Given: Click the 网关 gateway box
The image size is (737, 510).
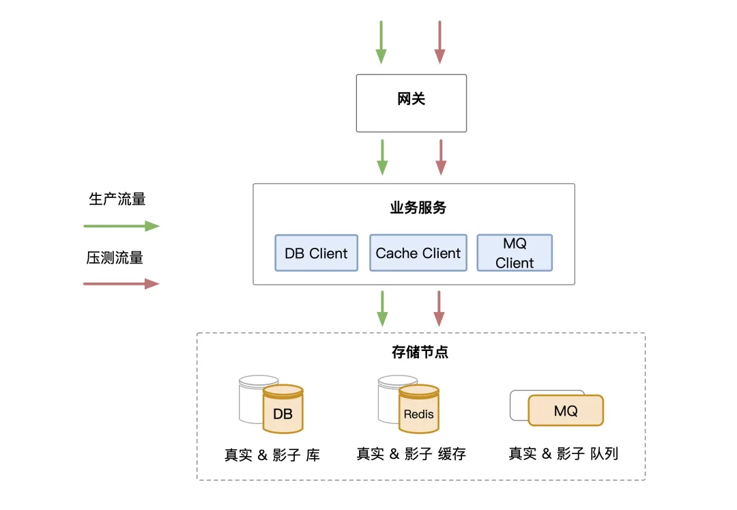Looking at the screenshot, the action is click(411, 103).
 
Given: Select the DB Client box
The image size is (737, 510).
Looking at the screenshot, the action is click(317, 253).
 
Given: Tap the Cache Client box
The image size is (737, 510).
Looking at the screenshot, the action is click(418, 253).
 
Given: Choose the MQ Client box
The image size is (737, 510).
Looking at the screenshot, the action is click(515, 253).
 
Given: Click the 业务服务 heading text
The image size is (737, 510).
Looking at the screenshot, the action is click(418, 208).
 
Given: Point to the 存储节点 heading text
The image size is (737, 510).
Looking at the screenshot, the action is click(420, 352).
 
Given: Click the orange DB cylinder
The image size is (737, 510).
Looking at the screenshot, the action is click(283, 409).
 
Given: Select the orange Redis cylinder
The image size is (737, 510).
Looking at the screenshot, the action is click(419, 409).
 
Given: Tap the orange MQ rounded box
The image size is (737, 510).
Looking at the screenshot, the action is click(566, 410).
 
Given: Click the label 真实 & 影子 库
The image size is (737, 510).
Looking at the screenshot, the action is click(272, 455).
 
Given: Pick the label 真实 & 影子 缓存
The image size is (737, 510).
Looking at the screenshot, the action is click(411, 453).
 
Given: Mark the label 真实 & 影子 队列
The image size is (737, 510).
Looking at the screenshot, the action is click(564, 453).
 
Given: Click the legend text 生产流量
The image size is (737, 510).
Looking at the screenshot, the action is click(117, 199).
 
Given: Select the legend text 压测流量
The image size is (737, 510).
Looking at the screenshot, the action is click(115, 257).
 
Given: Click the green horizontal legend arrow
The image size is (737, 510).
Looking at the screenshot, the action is click(121, 226).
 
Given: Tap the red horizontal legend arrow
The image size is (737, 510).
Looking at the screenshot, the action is click(121, 284).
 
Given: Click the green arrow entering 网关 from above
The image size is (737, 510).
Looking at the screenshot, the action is click(381, 42).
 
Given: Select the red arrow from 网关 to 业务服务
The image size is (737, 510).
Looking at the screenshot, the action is click(441, 158).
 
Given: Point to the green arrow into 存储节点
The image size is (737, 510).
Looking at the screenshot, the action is click(383, 309).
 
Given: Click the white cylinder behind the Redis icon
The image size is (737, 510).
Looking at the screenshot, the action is click(389, 399).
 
